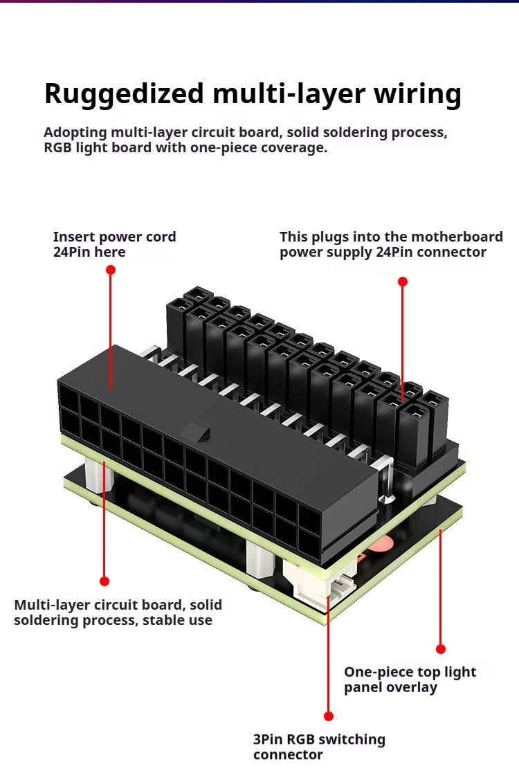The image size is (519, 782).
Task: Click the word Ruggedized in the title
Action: tap(124, 93)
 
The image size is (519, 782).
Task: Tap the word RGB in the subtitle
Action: tap(58, 148)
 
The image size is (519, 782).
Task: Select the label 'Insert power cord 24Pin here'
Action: tap(114, 244)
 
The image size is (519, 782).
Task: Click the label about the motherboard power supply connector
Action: tap(391, 244)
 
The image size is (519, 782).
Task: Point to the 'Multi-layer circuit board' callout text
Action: tap(118, 612)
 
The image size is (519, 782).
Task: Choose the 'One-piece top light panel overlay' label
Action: tap(410, 679)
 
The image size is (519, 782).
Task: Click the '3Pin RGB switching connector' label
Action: tap(319, 746)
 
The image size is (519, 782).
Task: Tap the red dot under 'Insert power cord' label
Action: tap(111, 269)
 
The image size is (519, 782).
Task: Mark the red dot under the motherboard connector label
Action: tap(403, 282)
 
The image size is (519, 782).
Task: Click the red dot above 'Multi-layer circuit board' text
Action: tap(104, 581)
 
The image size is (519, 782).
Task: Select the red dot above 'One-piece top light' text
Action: tap(441, 649)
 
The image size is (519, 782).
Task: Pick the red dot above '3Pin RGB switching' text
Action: tap(329, 716)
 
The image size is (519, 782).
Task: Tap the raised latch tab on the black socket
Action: tap(194, 434)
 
